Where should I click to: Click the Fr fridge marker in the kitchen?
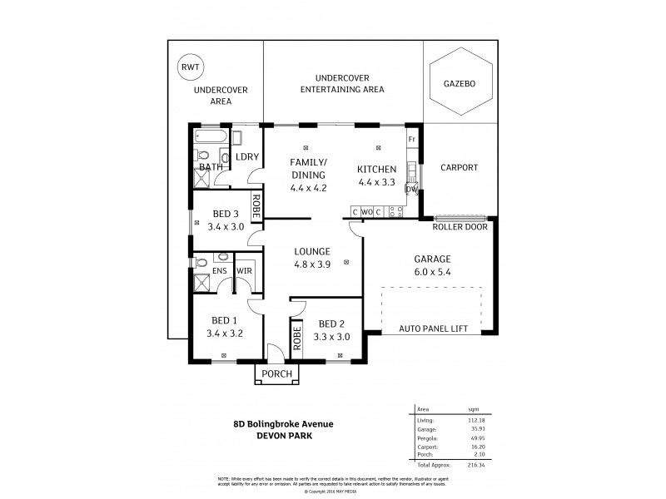[411, 139]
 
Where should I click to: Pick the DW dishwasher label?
[410, 189]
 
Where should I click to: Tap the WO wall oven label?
[366, 212]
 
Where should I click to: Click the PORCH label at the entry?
[276, 373]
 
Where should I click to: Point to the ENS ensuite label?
[220, 270]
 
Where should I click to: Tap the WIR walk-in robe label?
[245, 270]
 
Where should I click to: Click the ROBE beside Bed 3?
[256, 205]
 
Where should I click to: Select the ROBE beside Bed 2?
[296, 340]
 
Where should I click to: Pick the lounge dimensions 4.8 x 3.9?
[312, 265]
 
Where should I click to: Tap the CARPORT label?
[459, 167]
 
